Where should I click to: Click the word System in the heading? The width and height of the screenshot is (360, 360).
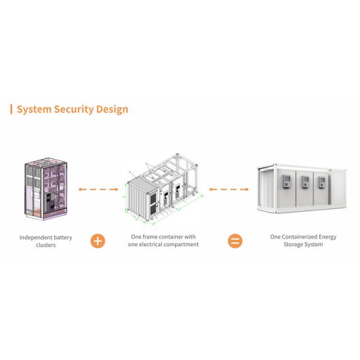point(34,109)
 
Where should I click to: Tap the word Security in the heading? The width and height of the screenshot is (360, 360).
point(73,109)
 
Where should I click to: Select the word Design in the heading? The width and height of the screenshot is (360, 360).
point(112,109)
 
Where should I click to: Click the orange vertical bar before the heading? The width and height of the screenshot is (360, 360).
point(11,109)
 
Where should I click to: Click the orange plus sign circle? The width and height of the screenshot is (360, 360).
point(98,241)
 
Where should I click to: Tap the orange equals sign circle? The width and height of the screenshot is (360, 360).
point(235,241)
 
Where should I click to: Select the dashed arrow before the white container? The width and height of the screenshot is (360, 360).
point(229,190)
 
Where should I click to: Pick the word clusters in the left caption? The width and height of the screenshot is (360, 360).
point(46,245)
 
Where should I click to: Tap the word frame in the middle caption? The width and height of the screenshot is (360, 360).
point(149,237)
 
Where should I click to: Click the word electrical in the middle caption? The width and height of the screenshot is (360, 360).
point(152,245)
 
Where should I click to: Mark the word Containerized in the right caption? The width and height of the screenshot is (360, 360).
point(302,237)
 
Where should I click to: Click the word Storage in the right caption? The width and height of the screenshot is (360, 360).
point(293,245)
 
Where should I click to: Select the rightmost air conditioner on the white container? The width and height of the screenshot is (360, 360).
point(322,182)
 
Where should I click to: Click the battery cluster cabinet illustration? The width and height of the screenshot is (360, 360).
point(45,188)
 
